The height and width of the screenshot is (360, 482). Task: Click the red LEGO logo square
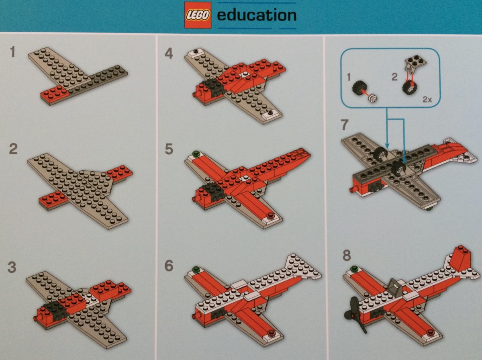coord(198,15)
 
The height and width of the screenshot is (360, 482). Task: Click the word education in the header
coord(257,15)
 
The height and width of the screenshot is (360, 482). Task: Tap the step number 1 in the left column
coord(13,52)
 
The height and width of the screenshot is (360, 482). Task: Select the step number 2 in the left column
coord(13,149)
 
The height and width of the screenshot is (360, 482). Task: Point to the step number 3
coord(12,268)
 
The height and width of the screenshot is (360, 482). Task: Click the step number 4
coord(169,53)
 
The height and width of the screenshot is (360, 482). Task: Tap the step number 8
coord(347,256)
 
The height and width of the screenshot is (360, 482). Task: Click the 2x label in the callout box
coord(427,100)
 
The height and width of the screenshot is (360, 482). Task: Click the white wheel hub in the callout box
coord(372,98)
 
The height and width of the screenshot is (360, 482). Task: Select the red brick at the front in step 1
coord(55,94)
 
